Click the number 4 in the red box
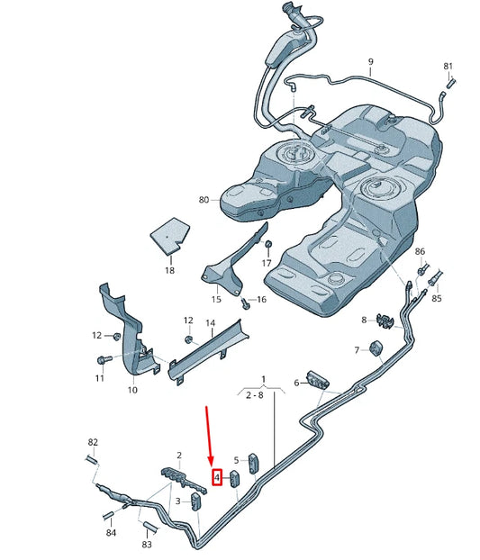[x=217, y=477]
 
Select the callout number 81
[x=448, y=67]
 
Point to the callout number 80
[x=204, y=199]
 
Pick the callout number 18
[x=169, y=269]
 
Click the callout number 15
[x=216, y=299]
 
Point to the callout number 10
[x=131, y=390]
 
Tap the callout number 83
[x=147, y=546]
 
